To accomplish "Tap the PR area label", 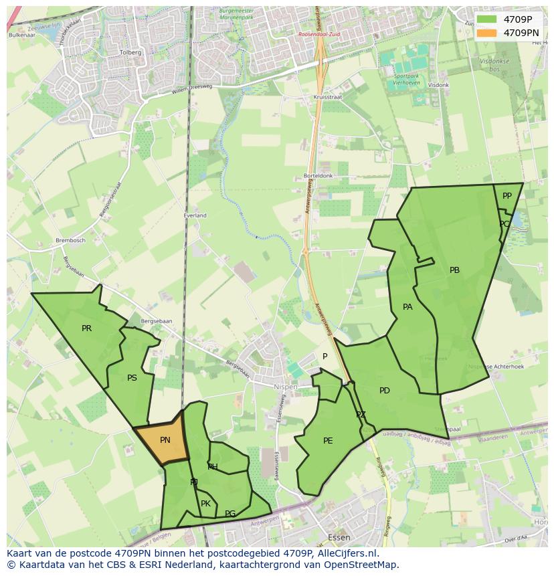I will tap(86, 328).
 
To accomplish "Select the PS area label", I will tap(132, 378).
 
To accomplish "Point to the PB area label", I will tap(454, 270).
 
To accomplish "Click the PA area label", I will tap(407, 307).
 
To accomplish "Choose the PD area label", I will tap(384, 391).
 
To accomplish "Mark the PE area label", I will tap(328, 440).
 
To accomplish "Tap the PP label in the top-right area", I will tap(506, 196).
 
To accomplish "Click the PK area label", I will tap(205, 504).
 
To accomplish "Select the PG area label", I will tap(229, 514).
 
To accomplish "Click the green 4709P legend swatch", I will tap(487, 19).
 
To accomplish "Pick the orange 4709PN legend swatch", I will tap(487, 32).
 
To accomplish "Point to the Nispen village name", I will tap(286, 387).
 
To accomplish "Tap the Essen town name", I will tap(339, 537).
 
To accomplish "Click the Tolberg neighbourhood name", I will tap(130, 52).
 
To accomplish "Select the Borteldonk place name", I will tap(318, 176).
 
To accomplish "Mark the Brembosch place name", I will tap(70, 240).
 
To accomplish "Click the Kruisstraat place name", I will tap(327, 98).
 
